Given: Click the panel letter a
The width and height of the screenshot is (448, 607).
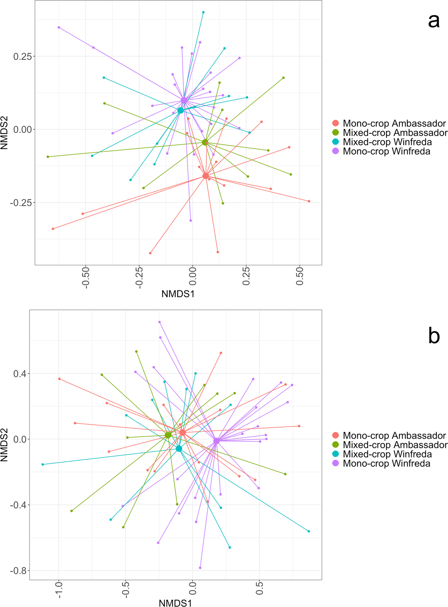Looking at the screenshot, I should (434, 21).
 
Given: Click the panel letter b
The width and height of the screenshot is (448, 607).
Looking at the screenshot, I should (434, 336).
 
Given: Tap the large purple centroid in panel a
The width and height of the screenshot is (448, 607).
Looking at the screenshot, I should (184, 100).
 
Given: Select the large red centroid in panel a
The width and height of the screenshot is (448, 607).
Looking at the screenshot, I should (205, 176).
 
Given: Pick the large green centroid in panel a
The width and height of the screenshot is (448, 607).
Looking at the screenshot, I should (205, 142).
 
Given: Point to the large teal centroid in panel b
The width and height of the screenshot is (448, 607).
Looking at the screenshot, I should (179, 449).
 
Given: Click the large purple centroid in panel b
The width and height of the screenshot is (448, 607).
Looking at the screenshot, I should (216, 441).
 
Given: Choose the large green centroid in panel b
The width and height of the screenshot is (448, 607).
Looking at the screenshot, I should (168, 435).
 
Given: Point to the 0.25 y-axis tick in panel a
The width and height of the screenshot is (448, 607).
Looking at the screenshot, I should (22, 56).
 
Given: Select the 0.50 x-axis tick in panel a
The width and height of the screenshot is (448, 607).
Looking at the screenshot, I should (300, 276).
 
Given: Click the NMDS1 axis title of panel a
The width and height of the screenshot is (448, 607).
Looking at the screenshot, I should (178, 294).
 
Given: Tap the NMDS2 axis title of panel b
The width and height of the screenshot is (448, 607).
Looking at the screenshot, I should (5, 444).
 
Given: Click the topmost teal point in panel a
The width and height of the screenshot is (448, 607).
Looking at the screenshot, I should (203, 12).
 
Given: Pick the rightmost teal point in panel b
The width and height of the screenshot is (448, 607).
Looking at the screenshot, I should (309, 531).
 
